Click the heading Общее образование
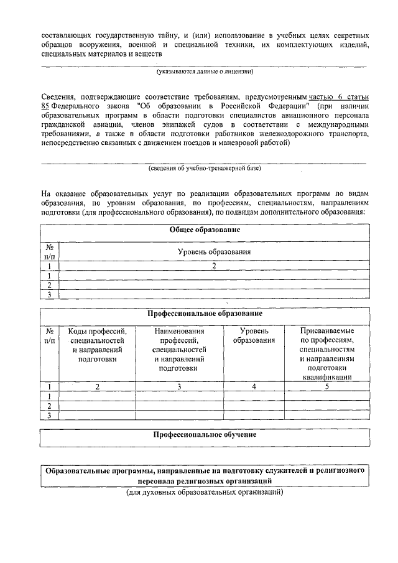coord(205,230)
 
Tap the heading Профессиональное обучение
coord(205,434)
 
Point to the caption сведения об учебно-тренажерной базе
coord(204,168)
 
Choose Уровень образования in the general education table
coord(213,252)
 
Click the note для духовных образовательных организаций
coord(204,493)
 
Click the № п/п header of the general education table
coord(49,251)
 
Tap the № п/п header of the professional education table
coord(49,336)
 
